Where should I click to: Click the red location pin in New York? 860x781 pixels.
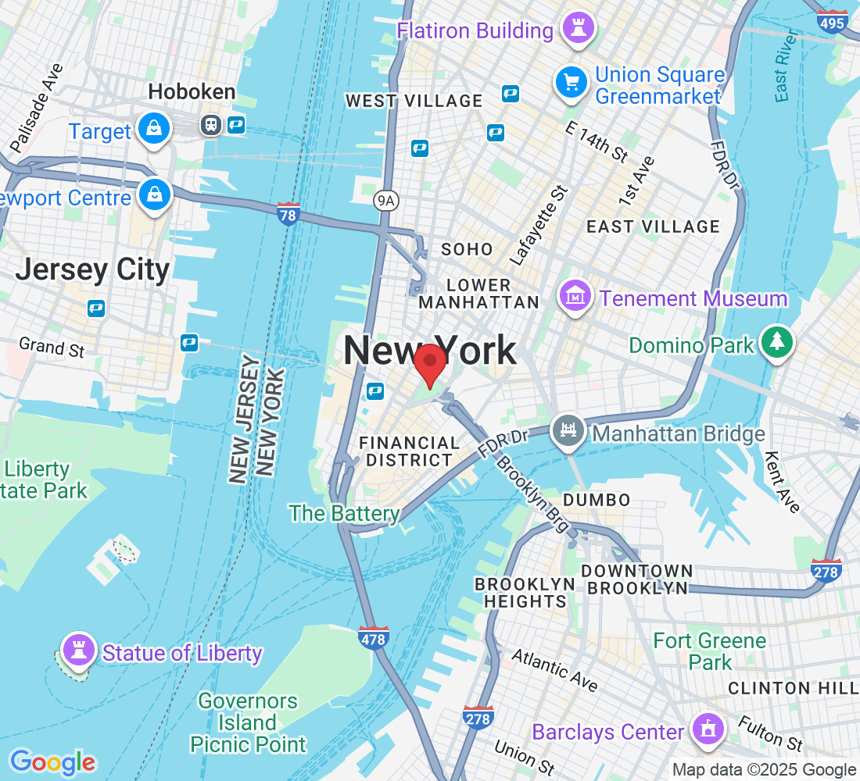pyautogui.click(x=429, y=364)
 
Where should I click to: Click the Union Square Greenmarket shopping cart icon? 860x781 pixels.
pyautogui.click(x=572, y=81)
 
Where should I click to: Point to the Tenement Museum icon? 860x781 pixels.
pyautogui.click(x=575, y=297)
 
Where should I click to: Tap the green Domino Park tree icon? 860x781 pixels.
pyautogui.click(x=776, y=341)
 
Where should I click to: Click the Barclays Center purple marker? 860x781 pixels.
pyautogui.click(x=708, y=729)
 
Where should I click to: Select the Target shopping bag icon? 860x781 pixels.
pyautogui.click(x=154, y=129)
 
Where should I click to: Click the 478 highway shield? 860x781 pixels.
pyautogui.click(x=374, y=637)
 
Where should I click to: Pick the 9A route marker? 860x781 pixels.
pyautogui.click(x=386, y=201)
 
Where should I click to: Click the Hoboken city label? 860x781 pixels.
pyautogui.click(x=192, y=92)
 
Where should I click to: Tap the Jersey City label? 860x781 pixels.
pyautogui.click(x=92, y=269)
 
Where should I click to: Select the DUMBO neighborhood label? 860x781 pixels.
pyautogui.click(x=596, y=500)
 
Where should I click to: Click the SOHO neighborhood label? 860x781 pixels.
pyautogui.click(x=467, y=249)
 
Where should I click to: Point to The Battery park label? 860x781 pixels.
pyautogui.click(x=344, y=513)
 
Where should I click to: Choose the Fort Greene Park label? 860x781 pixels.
pyautogui.click(x=709, y=651)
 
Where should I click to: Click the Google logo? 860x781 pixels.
pyautogui.click(x=52, y=761)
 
